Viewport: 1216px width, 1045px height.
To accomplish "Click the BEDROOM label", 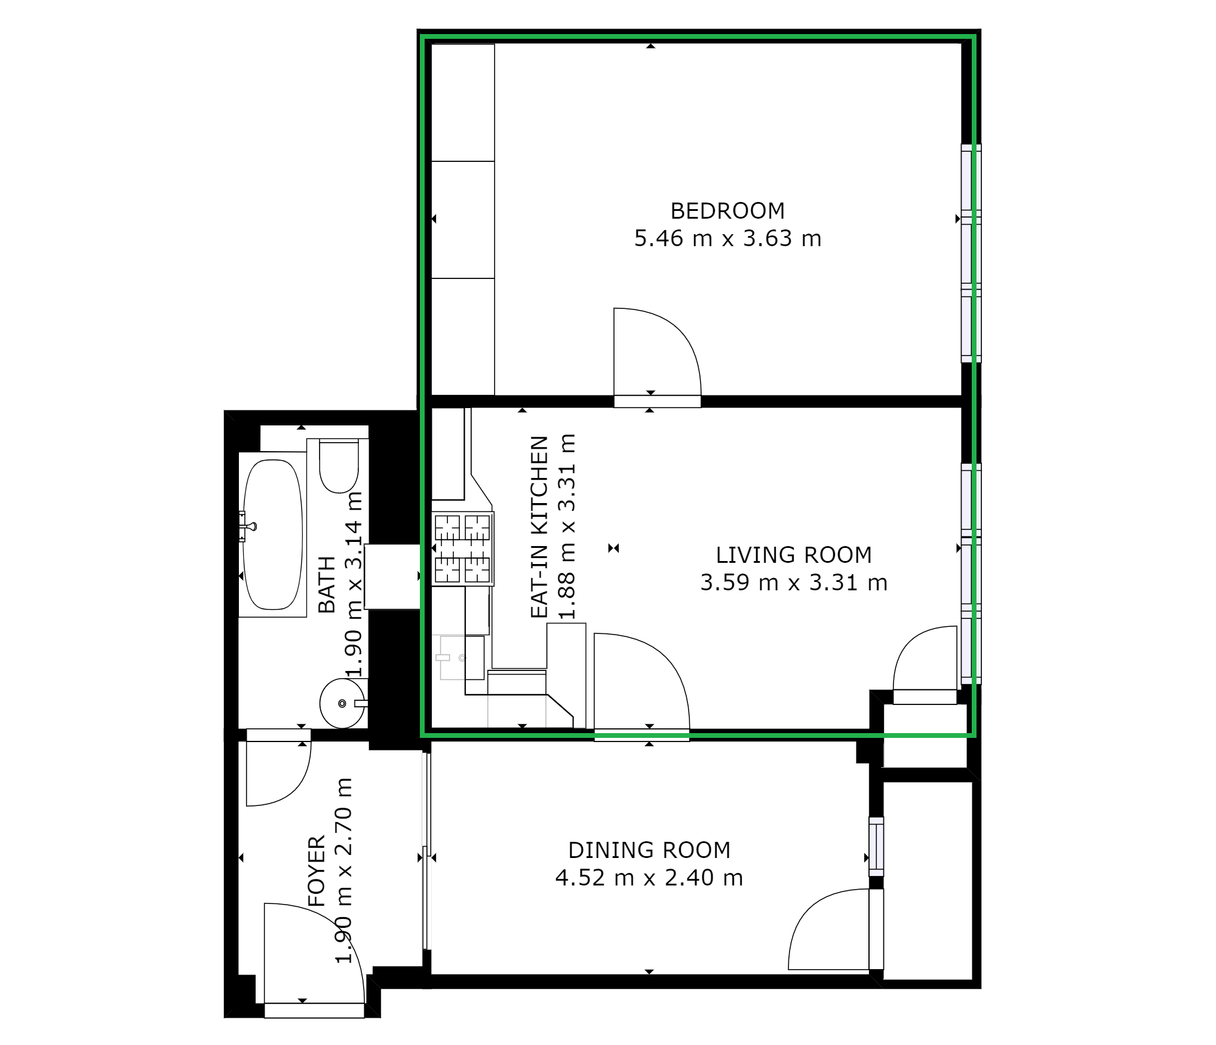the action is click(x=727, y=211).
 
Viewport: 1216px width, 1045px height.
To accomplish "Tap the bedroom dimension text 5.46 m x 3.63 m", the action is click(x=727, y=238).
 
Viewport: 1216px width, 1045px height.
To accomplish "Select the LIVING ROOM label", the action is click(x=794, y=555).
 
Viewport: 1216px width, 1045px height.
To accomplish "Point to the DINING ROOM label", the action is click(x=649, y=850).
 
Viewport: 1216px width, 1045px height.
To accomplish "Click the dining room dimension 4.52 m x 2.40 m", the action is click(x=649, y=878).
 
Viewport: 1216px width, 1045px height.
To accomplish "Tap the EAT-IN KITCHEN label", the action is click(x=539, y=526).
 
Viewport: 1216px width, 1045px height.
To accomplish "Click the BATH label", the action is click(x=327, y=584).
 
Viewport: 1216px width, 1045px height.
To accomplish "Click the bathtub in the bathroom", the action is click(x=273, y=535).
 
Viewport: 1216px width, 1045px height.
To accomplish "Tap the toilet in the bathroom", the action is click(x=339, y=465).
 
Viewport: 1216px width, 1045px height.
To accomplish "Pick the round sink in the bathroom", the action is click(x=342, y=703).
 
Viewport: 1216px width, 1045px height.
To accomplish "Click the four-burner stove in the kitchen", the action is click(x=462, y=548).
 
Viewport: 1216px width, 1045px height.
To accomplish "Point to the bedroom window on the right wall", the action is click(x=971, y=253).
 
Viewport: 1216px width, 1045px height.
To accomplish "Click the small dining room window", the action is click(x=876, y=847).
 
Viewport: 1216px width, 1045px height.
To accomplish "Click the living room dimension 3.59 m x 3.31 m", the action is click(x=794, y=583).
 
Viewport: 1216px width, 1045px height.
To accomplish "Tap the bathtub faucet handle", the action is click(x=248, y=526).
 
